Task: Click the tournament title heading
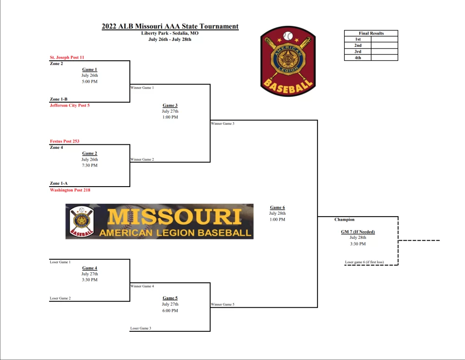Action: click(x=170, y=26)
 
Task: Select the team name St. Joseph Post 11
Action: click(x=67, y=57)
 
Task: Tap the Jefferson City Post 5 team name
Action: click(x=69, y=105)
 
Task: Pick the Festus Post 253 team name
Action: click(x=64, y=141)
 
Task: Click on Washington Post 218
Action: click(x=70, y=190)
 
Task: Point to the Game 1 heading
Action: click(x=89, y=69)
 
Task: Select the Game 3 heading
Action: click(x=170, y=105)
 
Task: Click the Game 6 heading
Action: click(x=277, y=207)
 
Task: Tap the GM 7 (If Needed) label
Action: click(x=358, y=232)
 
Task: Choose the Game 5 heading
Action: click(x=170, y=298)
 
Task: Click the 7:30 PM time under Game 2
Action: click(x=89, y=165)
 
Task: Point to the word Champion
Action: click(x=344, y=219)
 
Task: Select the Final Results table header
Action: click(x=371, y=33)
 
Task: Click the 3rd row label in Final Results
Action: click(x=358, y=52)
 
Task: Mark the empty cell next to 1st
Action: click(x=384, y=39)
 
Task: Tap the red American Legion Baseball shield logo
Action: click(x=288, y=61)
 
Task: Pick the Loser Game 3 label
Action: click(x=141, y=328)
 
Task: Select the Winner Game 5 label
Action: click(x=223, y=304)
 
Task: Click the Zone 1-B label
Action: click(x=59, y=99)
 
